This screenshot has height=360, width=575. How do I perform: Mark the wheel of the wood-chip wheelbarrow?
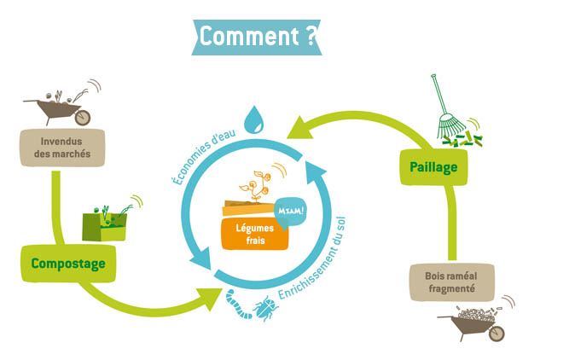499,333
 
